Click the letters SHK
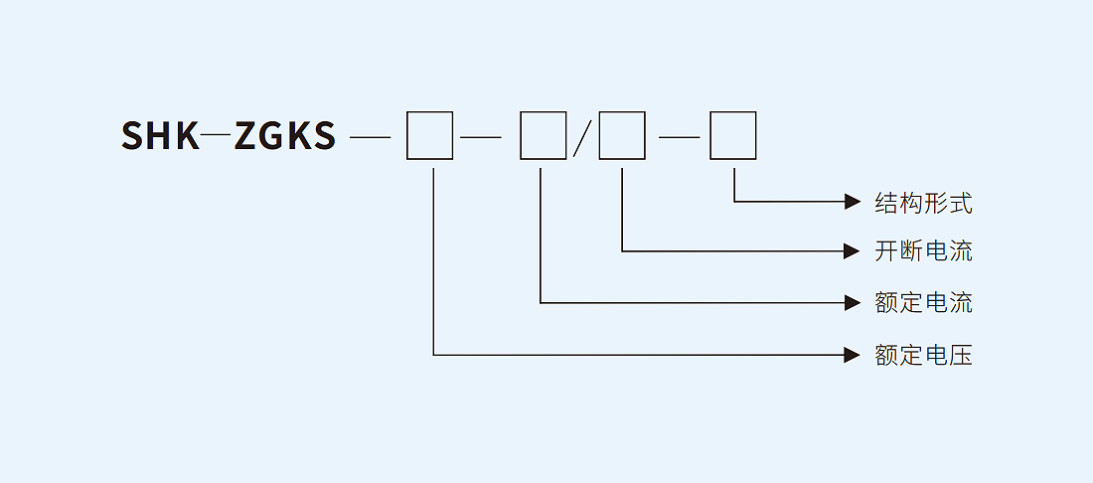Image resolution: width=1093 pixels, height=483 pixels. tap(161, 136)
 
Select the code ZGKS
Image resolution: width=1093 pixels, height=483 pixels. tap(285, 136)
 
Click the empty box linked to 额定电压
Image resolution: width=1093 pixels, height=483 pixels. tap(430, 136)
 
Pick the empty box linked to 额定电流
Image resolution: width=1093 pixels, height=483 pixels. tap(544, 136)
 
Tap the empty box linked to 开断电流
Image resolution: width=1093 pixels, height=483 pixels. tap(622, 136)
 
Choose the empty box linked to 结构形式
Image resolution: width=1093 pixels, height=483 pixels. tap(733, 136)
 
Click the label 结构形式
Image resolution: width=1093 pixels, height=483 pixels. tap(923, 204)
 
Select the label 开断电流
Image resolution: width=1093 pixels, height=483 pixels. tap(923, 251)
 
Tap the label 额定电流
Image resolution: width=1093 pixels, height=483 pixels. tap(923, 302)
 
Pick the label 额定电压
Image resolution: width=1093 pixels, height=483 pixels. tap(923, 355)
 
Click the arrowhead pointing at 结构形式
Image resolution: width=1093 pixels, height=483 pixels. tap(852, 202)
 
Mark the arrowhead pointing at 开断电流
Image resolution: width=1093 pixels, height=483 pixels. tap(852, 251)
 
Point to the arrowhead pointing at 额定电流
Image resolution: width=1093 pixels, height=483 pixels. tap(852, 302)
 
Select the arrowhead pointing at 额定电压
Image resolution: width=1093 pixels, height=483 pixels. tap(852, 355)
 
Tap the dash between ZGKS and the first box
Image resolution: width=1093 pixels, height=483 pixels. tap(370, 136)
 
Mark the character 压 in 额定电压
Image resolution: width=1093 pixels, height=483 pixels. tap(960, 355)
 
